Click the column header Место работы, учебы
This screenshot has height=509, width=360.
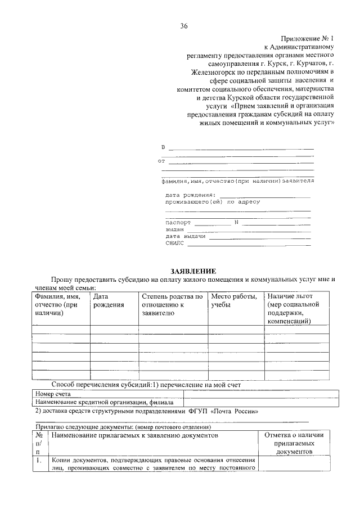point(233,300)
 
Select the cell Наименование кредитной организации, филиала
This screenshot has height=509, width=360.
point(104,402)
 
